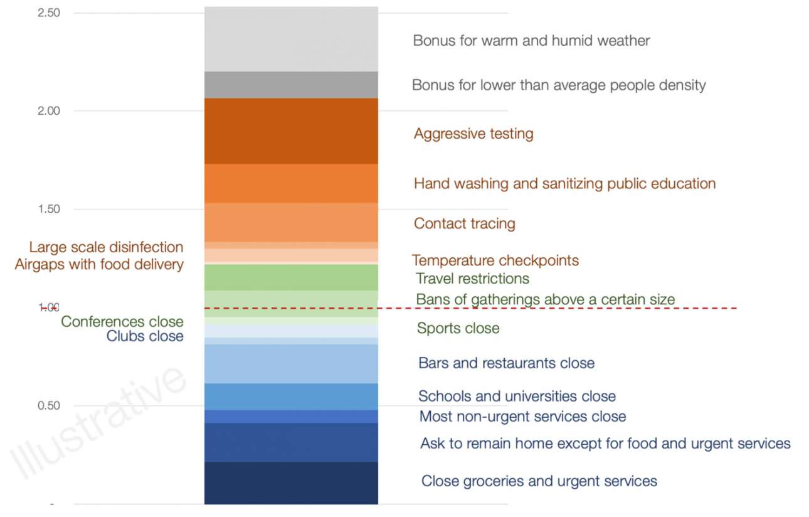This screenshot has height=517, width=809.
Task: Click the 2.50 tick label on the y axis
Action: coord(48,13)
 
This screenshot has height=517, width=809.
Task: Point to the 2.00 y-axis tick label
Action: coord(48,111)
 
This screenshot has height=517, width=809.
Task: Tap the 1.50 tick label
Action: coord(48,209)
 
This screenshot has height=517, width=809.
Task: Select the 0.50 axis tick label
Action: coord(48,405)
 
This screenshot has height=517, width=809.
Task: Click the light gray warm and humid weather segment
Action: coord(291,39)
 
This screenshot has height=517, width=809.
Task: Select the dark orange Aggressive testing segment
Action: coord(291,131)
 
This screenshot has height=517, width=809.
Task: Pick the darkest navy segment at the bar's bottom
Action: coord(291,482)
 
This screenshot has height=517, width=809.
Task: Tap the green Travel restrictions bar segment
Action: coord(291,277)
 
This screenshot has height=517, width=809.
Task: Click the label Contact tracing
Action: coord(464,224)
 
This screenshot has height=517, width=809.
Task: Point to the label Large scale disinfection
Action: coord(106,247)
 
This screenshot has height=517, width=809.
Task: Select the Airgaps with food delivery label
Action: coord(99,264)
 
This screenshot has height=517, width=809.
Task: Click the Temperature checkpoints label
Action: coord(495,260)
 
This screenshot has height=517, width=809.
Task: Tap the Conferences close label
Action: coord(122,322)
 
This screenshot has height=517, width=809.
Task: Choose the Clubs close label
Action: coord(144,336)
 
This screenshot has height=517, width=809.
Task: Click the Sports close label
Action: coord(458,328)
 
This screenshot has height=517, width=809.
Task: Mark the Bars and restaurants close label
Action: coord(506,363)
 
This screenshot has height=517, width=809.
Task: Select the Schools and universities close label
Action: coord(517,397)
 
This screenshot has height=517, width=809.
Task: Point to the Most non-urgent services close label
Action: coord(522,416)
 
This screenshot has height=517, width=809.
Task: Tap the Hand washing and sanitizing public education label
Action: coord(564,184)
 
